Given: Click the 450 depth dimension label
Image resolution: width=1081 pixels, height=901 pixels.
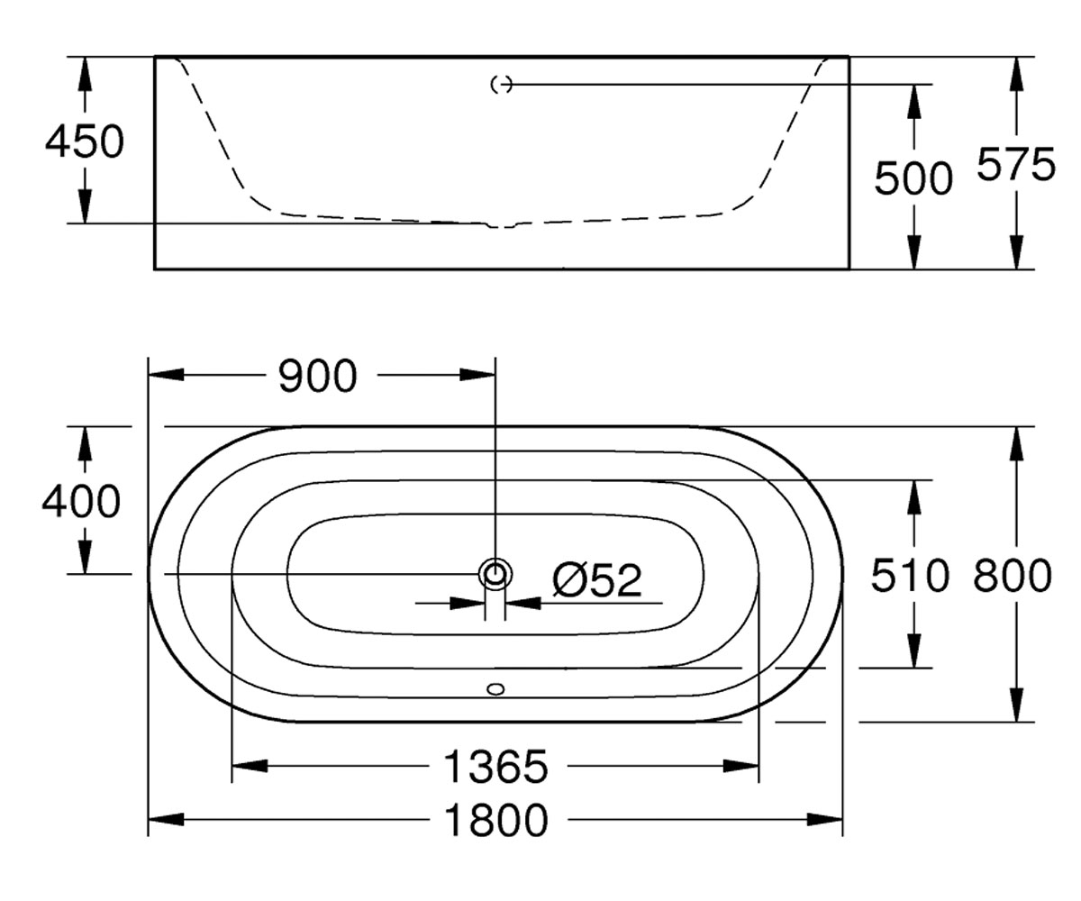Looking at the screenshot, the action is [x=85, y=141].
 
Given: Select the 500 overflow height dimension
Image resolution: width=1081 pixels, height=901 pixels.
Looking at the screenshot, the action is [x=913, y=178].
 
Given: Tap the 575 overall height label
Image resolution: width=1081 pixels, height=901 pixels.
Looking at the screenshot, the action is [x=1016, y=164].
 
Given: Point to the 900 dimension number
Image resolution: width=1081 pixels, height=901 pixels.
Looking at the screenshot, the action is [x=317, y=376].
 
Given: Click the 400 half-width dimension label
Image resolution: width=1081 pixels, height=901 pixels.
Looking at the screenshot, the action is [x=81, y=501].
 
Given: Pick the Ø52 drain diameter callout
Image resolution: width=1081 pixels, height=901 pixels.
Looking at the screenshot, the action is [x=597, y=580].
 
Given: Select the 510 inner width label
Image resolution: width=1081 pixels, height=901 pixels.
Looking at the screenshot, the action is [x=910, y=576].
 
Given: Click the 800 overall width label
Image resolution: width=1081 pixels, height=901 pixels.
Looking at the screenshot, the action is [x=1013, y=576].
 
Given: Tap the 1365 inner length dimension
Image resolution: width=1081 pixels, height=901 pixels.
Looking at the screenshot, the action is [x=495, y=767].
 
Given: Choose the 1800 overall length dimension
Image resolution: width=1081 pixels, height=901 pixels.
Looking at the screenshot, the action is [x=495, y=820].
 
